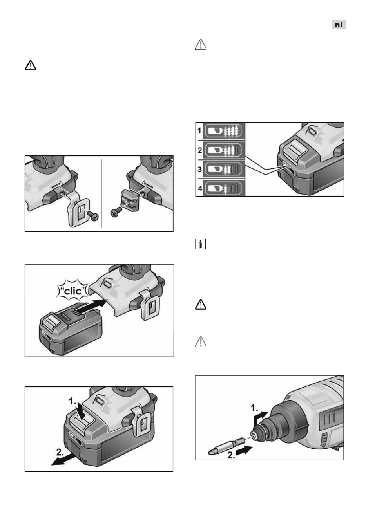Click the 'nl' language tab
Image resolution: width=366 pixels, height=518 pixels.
click(x=339, y=25)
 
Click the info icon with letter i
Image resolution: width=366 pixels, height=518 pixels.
click(x=200, y=244)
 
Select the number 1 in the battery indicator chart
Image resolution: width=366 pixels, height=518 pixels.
click(x=199, y=131)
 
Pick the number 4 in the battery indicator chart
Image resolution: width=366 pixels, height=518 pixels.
click(x=200, y=188)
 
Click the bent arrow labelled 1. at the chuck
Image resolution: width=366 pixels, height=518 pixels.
click(x=260, y=419)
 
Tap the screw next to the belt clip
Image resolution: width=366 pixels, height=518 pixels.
click(x=93, y=216)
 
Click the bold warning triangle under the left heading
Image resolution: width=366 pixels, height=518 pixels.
click(x=30, y=65)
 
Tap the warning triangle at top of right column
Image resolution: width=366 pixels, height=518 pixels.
click(x=201, y=44)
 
